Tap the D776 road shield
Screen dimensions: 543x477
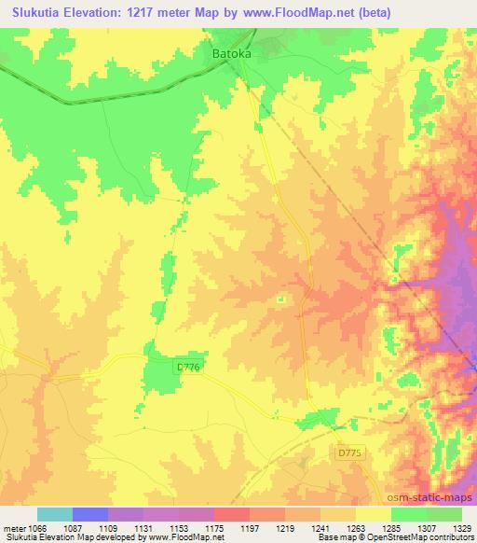coord(189,369)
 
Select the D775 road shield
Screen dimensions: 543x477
coord(348,452)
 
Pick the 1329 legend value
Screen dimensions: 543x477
coord(460,528)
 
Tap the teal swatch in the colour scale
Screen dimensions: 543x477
coord(55,515)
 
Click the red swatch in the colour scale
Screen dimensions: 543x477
coord(232,515)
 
